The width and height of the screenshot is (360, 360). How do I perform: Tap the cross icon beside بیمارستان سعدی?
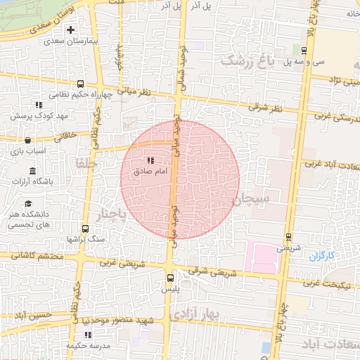70,30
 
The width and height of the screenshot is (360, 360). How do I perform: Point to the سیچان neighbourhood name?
252,200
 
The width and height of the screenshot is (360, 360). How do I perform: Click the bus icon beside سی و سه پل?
303,51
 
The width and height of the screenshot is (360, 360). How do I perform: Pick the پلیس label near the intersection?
171,289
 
